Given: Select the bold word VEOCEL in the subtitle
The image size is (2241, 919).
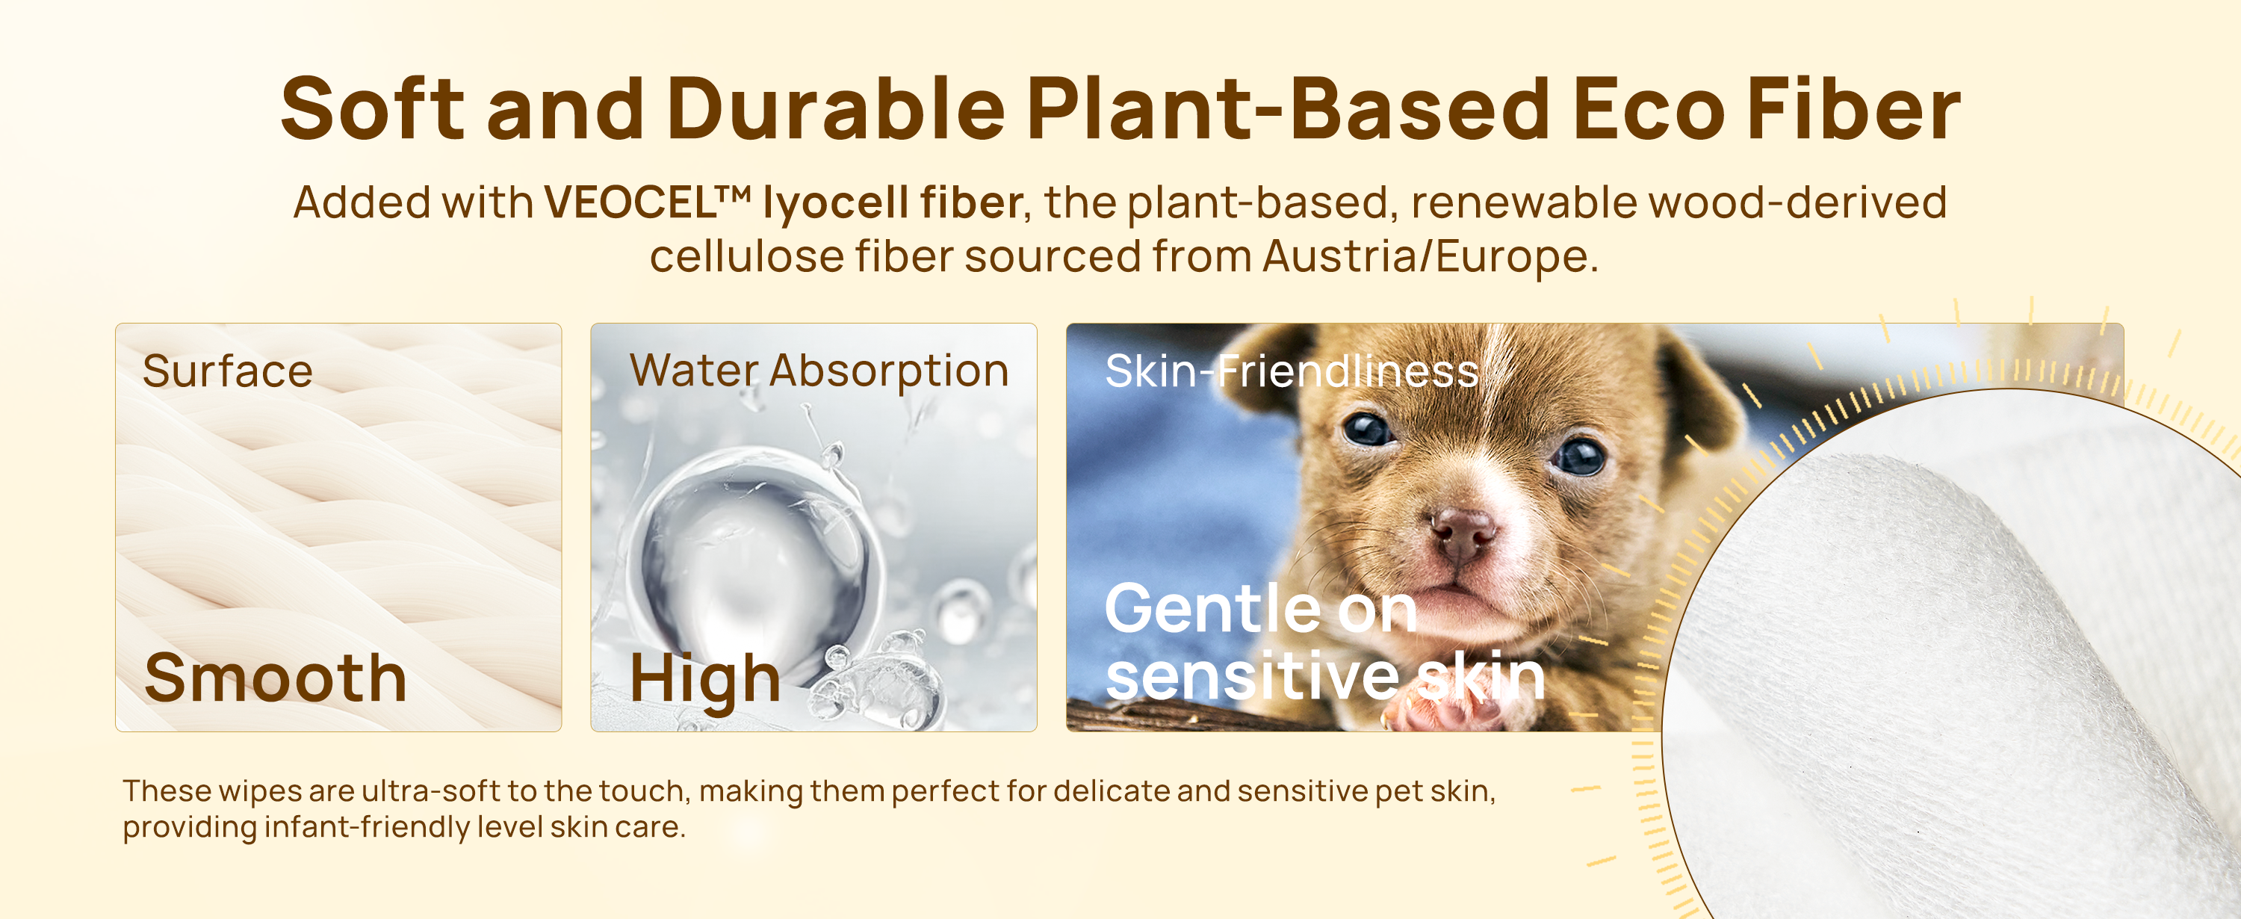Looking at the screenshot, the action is (630, 202).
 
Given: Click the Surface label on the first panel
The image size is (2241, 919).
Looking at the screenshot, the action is (228, 371).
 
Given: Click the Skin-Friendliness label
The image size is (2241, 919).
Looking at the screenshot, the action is (1292, 371).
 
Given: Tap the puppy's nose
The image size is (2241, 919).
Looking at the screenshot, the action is (1463, 531).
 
